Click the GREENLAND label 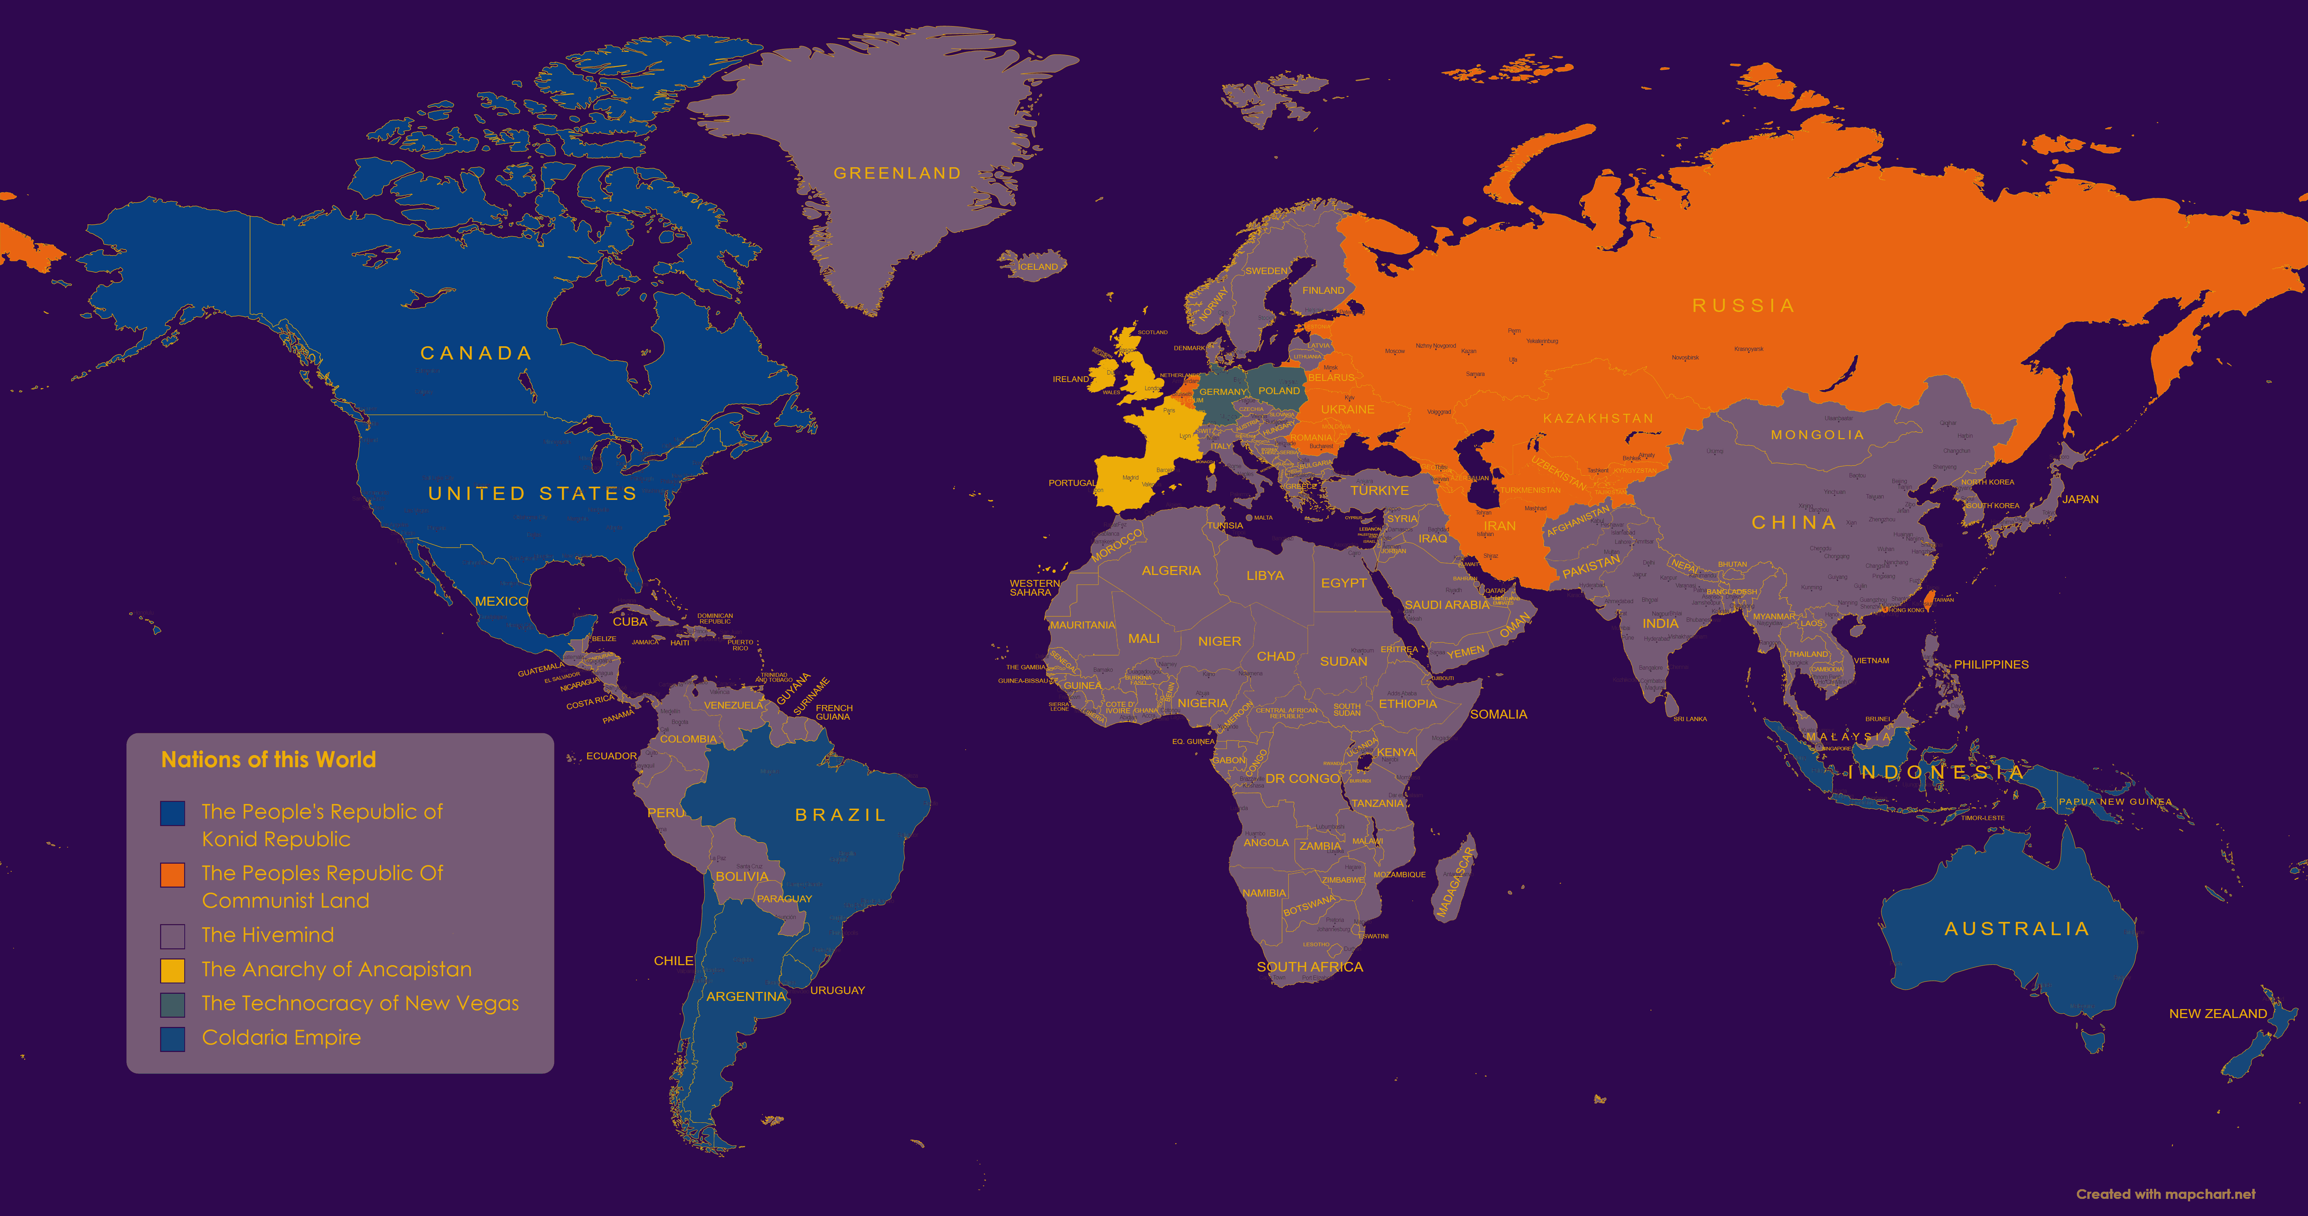[897, 173]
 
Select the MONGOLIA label [1817, 435]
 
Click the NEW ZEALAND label [2218, 1013]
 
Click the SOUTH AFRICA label [1309, 967]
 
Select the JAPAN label [2080, 499]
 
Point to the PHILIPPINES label [1991, 664]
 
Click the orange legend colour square [172, 875]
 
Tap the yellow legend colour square [172, 971]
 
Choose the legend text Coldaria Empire [281, 1038]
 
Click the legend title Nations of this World [268, 760]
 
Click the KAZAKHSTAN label [1597, 418]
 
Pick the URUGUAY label [837, 990]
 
